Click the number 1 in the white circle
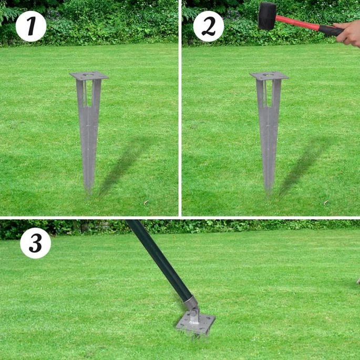31,26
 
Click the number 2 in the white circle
209,26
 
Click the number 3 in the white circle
35,243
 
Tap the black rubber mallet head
268,16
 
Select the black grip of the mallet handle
331,30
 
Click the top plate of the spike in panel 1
89,76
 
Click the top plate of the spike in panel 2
269,76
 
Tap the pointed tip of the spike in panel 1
88,194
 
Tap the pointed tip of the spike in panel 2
268,194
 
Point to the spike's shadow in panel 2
305,166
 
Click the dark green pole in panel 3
159,258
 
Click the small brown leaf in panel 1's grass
146,202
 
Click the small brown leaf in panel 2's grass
326,202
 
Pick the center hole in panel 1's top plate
88,75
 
